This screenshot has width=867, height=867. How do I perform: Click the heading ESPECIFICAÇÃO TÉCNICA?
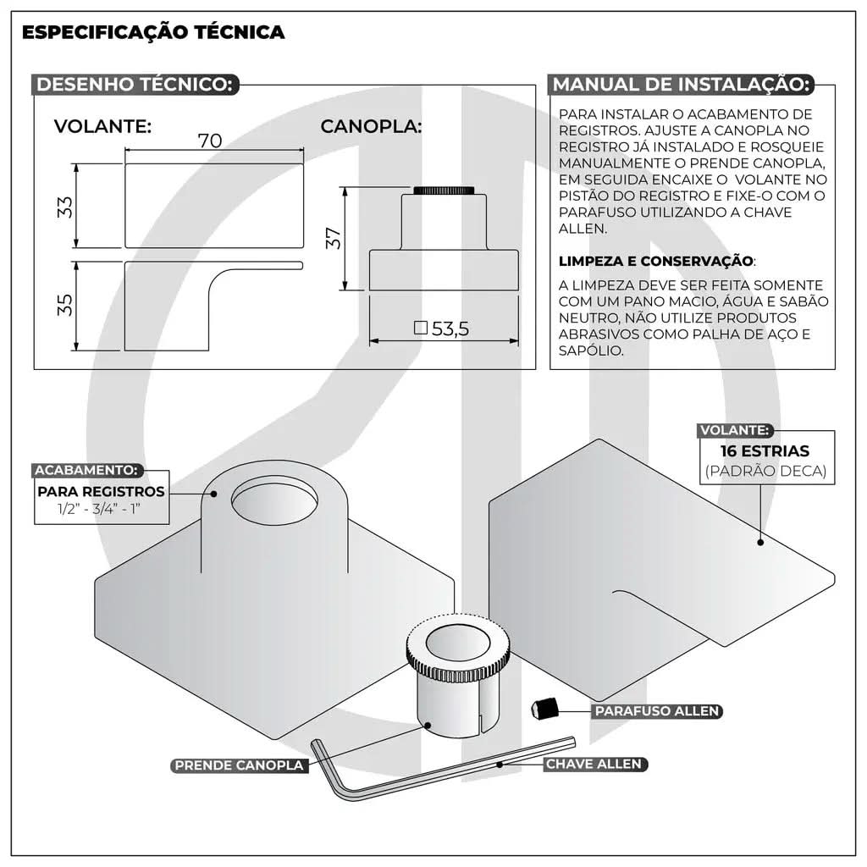(x=152, y=33)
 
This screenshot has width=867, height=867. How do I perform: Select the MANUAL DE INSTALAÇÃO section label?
(x=682, y=85)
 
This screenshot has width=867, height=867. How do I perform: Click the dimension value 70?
(x=210, y=141)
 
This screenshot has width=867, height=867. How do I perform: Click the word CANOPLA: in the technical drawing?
(x=371, y=127)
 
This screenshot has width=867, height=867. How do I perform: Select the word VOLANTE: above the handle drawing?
(x=102, y=127)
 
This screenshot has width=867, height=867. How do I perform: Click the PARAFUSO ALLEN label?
(x=656, y=711)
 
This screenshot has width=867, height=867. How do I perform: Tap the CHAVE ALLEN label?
(x=594, y=764)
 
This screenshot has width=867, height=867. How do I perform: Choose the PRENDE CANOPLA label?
(x=238, y=765)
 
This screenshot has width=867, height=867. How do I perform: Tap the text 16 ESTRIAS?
(x=765, y=451)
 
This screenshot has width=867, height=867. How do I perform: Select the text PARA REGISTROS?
(x=101, y=492)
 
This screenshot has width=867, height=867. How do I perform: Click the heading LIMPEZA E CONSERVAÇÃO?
(x=656, y=261)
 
